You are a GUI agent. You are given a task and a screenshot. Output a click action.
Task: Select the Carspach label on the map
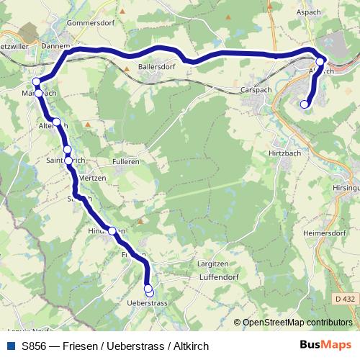tap(259, 90)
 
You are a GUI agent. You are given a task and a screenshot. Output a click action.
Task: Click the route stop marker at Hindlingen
tap(112, 230)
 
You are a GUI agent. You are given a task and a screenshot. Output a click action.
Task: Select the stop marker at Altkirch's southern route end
tap(304, 104)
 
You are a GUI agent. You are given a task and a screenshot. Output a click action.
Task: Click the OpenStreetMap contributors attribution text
tap(297, 323)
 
